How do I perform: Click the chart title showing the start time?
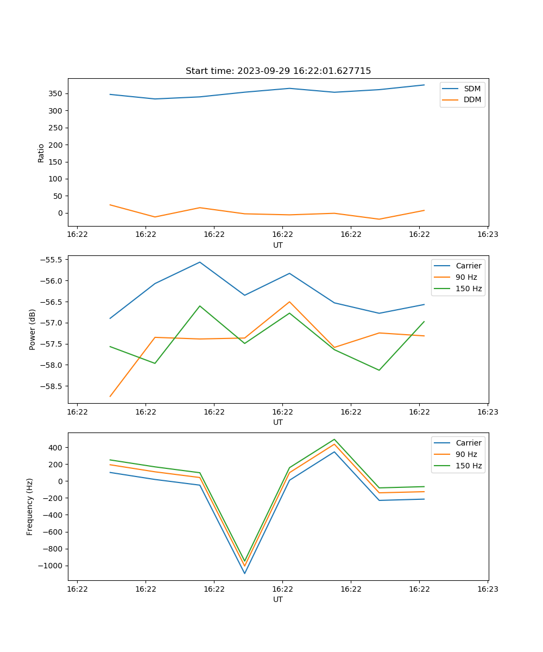(x=278, y=71)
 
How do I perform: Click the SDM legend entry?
(x=472, y=89)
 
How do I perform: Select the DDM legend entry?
(x=472, y=100)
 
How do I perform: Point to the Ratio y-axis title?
(x=41, y=153)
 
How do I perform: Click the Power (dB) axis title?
(x=33, y=329)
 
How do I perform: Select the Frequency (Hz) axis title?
(x=30, y=506)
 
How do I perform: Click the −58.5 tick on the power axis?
(x=50, y=386)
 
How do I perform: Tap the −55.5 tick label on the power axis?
(x=50, y=260)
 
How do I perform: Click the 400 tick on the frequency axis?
(x=56, y=448)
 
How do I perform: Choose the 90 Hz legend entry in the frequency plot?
(x=466, y=454)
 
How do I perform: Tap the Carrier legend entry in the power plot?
(x=468, y=266)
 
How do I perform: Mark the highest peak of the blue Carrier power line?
(x=200, y=262)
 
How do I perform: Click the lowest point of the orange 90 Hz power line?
(x=110, y=397)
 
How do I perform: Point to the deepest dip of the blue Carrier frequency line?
(x=244, y=573)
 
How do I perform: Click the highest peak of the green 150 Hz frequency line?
(x=334, y=439)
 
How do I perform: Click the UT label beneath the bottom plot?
(x=278, y=600)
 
